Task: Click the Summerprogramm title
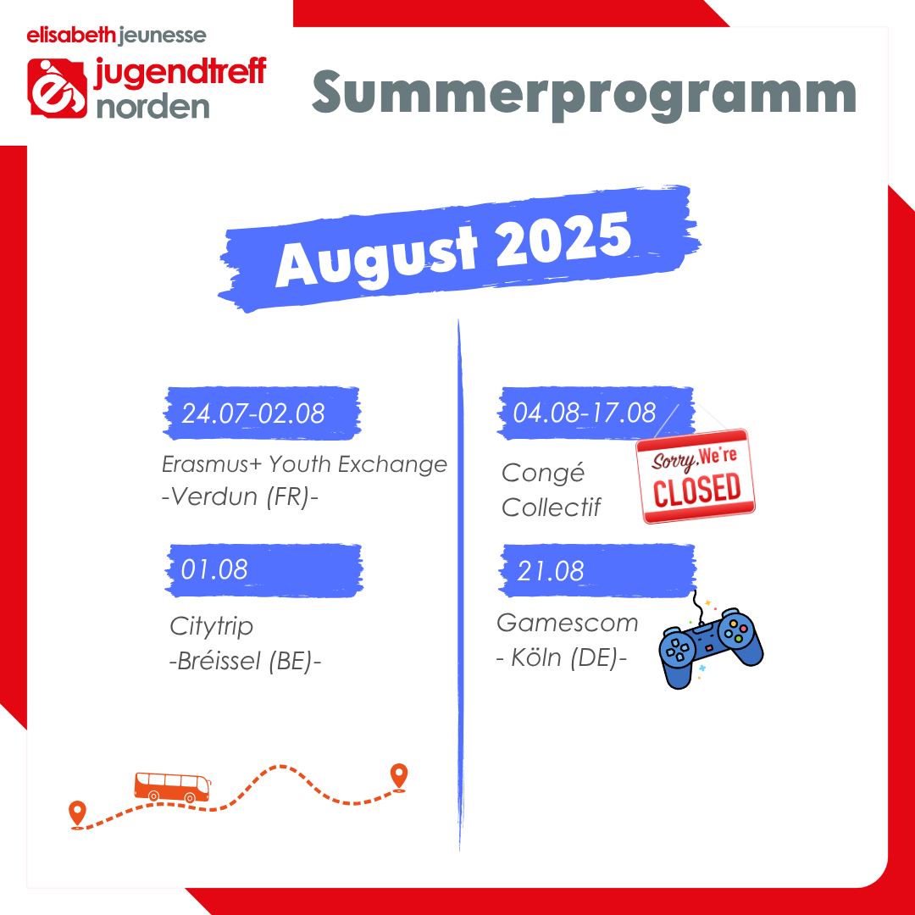[584, 94]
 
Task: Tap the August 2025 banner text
[453, 249]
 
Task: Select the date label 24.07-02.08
[253, 413]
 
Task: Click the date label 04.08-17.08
[584, 413]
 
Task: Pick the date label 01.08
[214, 569]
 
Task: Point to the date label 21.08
[551, 571]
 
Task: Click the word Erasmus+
[213, 464]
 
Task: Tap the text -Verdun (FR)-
[240, 496]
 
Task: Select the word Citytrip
[211, 627]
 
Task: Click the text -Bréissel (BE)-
[245, 661]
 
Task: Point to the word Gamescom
[567, 623]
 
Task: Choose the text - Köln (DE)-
[562, 657]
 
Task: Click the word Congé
[543, 473]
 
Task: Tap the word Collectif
[551, 507]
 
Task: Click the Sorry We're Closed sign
[695, 476]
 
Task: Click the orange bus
[172, 787]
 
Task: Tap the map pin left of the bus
[77, 815]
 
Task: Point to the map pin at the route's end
[398, 777]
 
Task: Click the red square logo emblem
[58, 88]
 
